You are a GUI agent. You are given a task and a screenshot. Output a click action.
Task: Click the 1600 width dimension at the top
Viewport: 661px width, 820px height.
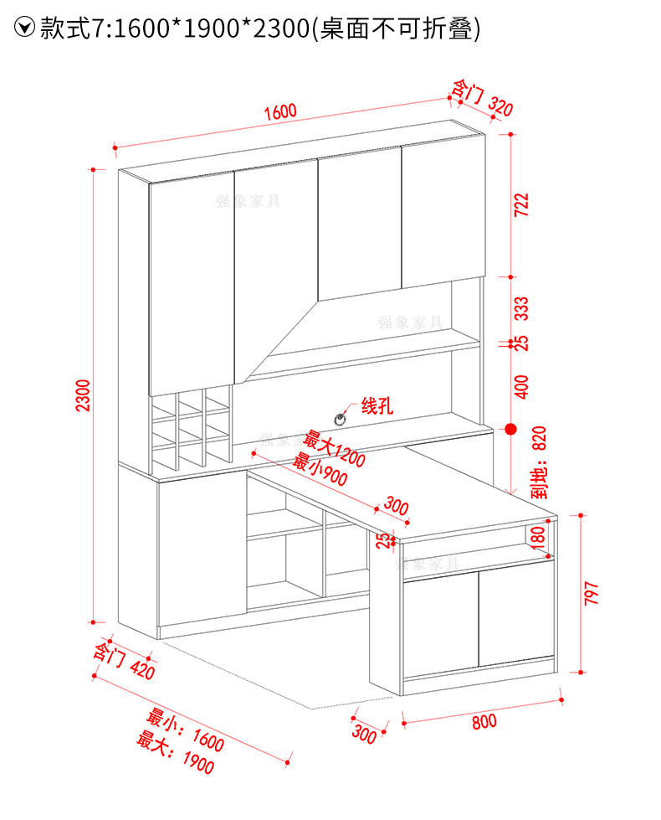(x=280, y=111)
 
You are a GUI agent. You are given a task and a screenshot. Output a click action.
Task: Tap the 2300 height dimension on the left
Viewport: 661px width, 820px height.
(x=82, y=395)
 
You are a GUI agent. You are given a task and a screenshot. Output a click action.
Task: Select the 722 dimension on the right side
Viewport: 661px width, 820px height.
(x=521, y=204)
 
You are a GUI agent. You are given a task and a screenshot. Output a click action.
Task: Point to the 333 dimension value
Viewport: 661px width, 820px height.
(x=521, y=308)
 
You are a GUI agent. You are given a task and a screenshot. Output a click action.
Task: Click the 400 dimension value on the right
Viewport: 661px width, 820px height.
(x=521, y=385)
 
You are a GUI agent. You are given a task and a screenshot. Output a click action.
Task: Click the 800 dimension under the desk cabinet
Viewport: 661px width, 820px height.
(x=484, y=721)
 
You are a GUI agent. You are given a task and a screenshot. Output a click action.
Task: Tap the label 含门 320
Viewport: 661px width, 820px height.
(x=482, y=98)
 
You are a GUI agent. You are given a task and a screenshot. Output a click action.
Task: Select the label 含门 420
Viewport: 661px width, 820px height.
(x=124, y=661)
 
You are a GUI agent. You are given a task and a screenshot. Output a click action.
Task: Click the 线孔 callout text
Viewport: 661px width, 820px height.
(x=377, y=407)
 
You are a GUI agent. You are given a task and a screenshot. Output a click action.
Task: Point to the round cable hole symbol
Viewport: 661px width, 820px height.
(x=341, y=418)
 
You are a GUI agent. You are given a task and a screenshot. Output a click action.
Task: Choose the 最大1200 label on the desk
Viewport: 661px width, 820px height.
(x=335, y=449)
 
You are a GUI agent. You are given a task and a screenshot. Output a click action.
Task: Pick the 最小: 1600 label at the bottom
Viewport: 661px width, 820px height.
(x=186, y=729)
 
